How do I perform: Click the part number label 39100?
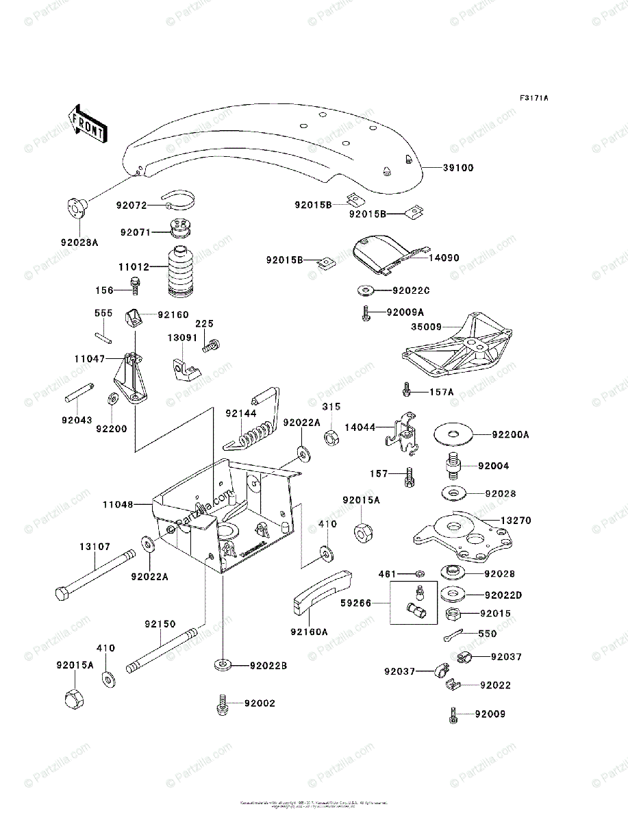pyautogui.click(x=459, y=168)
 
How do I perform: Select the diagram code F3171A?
pyautogui.click(x=533, y=99)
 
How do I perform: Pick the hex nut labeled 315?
pyautogui.click(x=329, y=436)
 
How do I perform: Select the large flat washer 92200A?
pyautogui.click(x=453, y=434)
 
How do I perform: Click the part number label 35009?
pyautogui.click(x=426, y=328)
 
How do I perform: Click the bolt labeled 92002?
pyautogui.click(x=222, y=705)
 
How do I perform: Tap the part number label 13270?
pyautogui.click(x=516, y=521)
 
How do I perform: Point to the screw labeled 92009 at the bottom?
pyautogui.click(x=453, y=714)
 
